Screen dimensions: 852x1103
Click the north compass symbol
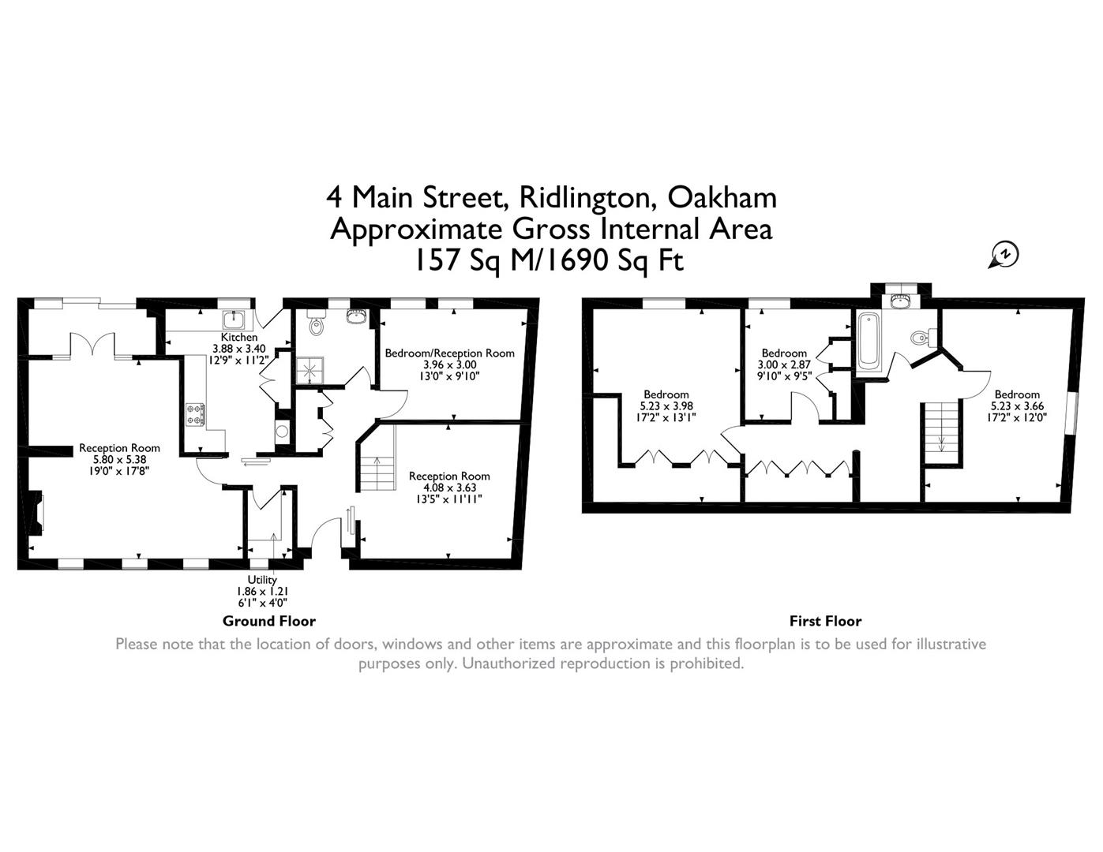click(x=1005, y=255)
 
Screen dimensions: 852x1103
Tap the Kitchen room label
click(x=238, y=337)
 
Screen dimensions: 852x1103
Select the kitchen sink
click(x=234, y=319)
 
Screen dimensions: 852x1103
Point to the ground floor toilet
click(x=316, y=325)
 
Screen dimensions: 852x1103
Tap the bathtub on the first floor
click(x=868, y=341)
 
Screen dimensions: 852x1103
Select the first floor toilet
click(x=919, y=338)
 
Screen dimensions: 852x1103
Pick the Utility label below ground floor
click(x=262, y=580)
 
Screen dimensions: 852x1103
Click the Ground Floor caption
click(x=268, y=621)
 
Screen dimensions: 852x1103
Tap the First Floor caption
click(x=825, y=621)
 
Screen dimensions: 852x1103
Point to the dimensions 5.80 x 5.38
click(x=119, y=459)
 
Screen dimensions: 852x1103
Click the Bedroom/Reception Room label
click(x=449, y=353)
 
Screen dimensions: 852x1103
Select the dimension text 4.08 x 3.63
click(x=448, y=488)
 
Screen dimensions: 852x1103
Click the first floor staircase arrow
click(x=941, y=442)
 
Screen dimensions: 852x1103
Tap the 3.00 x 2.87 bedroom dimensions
click(x=783, y=364)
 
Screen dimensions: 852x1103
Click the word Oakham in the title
click(x=722, y=196)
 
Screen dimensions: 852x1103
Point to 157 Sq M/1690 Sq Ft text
click(x=550, y=260)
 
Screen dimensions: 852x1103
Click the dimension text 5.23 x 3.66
click(x=1017, y=406)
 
